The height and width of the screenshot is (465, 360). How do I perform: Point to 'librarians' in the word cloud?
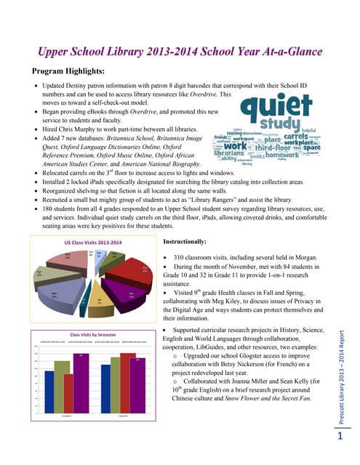pos(228,154)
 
